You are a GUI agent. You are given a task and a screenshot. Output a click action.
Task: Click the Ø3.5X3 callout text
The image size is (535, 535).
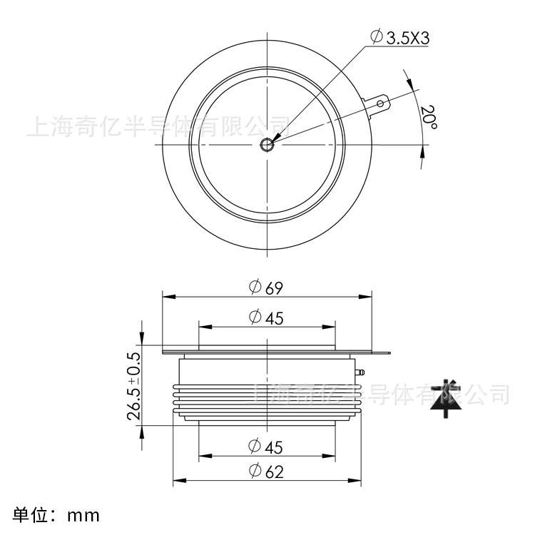(400, 37)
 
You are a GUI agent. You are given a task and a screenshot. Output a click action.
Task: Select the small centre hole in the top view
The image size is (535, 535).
(267, 145)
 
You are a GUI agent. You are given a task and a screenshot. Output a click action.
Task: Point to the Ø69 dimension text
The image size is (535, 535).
(267, 287)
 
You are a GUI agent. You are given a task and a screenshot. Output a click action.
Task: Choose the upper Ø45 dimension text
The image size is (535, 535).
(267, 318)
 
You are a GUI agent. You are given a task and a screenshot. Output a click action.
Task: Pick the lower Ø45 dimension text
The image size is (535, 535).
(267, 447)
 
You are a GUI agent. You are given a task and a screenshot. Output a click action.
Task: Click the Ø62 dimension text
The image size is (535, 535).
(267, 472)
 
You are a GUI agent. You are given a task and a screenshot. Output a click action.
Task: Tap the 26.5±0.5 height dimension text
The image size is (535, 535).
(133, 384)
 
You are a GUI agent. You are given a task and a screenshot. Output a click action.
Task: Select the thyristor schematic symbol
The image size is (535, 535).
(446, 397)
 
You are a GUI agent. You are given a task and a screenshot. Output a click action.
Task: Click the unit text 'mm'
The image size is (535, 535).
(83, 515)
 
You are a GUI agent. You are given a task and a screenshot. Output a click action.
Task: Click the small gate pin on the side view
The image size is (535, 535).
(361, 372)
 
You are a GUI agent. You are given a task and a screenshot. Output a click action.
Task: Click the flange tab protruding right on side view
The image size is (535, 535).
(382, 352)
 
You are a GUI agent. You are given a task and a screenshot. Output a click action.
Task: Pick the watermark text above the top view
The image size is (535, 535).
(157, 126)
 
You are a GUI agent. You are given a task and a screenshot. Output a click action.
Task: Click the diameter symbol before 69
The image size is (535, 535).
(255, 287)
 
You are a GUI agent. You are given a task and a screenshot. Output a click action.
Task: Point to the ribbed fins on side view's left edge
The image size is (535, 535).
(175, 400)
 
